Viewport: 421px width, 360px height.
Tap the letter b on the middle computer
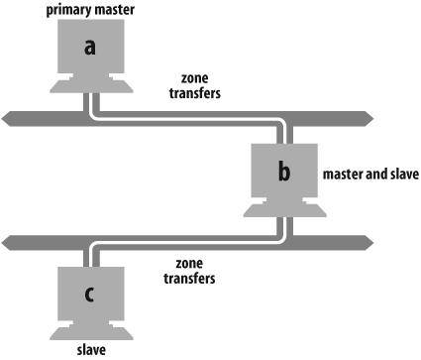pyautogui.click(x=284, y=173)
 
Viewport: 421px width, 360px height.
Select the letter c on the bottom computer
pyautogui.click(x=91, y=294)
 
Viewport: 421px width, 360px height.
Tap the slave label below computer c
pyautogui.click(x=91, y=349)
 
